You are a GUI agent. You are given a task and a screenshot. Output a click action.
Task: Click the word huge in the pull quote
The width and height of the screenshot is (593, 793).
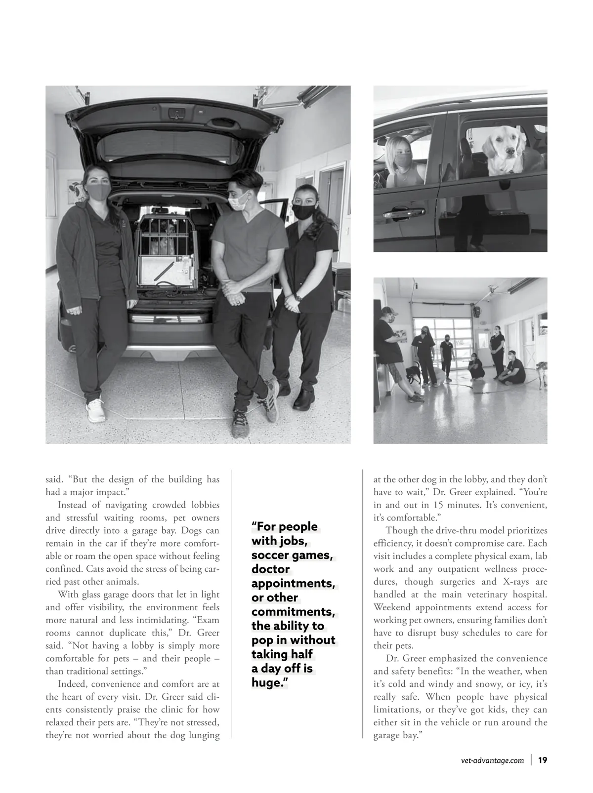(269, 683)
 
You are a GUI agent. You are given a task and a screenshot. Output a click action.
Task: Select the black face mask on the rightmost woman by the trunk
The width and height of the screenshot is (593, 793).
(302, 211)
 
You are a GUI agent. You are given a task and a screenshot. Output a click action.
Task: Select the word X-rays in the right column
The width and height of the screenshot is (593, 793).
(534, 582)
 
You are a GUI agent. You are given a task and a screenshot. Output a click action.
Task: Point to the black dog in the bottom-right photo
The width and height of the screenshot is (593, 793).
(414, 372)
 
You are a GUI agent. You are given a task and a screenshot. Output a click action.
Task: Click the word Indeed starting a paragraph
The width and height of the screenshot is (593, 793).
(72, 684)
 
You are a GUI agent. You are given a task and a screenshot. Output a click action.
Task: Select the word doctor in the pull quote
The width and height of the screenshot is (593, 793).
(270, 569)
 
